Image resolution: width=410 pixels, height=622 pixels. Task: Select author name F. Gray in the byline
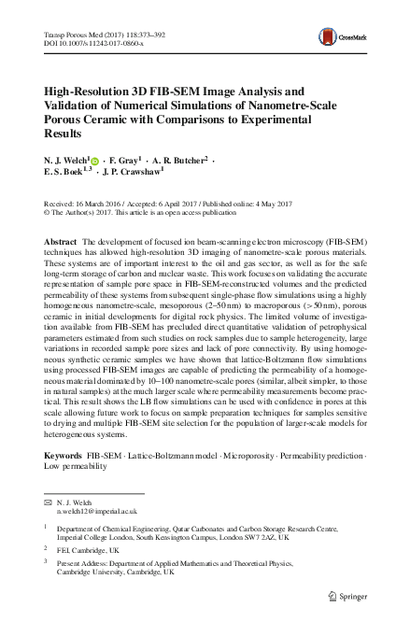click(x=125, y=161)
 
